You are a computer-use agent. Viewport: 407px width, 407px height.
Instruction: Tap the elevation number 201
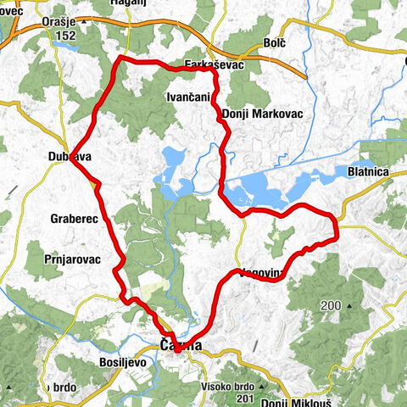coord(246,374)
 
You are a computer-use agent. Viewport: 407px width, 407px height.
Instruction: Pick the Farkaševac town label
coord(192,64)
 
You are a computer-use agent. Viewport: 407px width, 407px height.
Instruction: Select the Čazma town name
coord(181,345)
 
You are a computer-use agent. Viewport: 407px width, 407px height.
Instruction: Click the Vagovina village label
coord(259,274)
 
